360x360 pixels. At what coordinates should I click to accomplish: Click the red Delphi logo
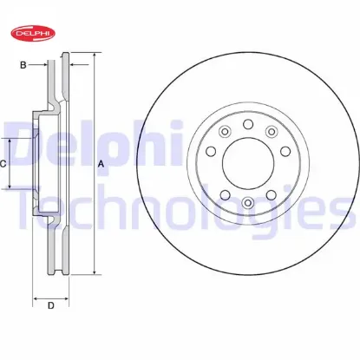(x=33, y=33)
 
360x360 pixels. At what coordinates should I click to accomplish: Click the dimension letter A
(x=101, y=164)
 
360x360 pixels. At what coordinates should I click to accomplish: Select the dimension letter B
(x=23, y=65)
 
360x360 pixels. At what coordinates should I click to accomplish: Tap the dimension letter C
(x=3, y=164)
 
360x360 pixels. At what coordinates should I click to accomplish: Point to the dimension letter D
(x=51, y=305)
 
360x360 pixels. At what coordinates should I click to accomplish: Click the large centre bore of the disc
(x=248, y=163)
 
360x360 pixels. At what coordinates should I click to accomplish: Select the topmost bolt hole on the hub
(x=248, y=124)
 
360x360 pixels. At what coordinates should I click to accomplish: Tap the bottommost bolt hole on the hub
(x=248, y=202)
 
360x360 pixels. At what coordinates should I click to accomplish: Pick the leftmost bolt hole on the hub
(x=211, y=151)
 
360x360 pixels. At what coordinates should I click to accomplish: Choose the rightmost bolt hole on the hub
(x=285, y=151)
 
